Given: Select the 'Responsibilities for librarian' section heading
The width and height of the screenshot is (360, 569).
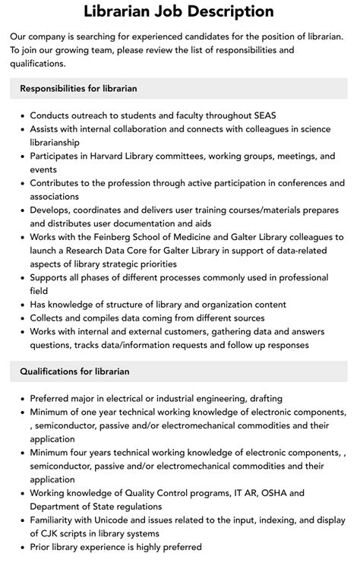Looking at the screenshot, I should point(78,88).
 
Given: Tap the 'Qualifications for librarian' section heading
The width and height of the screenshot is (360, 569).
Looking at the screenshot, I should point(74,371).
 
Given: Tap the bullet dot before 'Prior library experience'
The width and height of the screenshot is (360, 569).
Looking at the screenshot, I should point(22,547).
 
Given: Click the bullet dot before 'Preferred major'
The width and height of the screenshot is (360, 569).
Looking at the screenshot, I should point(22,399).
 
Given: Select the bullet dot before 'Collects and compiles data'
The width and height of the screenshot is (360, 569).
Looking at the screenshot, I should point(22,318).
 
